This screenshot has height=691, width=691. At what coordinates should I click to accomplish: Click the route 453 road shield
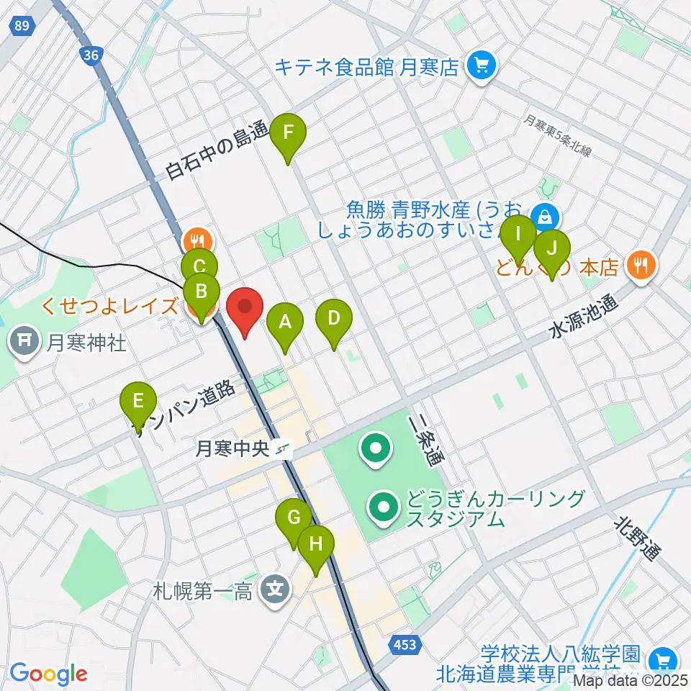click(405, 644)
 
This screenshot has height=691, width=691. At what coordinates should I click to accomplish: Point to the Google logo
click(48, 674)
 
